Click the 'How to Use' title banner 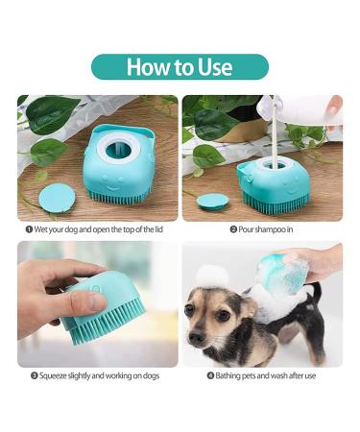click(180, 66)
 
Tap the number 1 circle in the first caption click(29, 229)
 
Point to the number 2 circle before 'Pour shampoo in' click(233, 229)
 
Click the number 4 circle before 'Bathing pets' click(210, 375)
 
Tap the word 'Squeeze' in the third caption click(56, 375)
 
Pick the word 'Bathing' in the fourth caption click(233, 375)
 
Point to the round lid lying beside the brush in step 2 click(213, 200)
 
